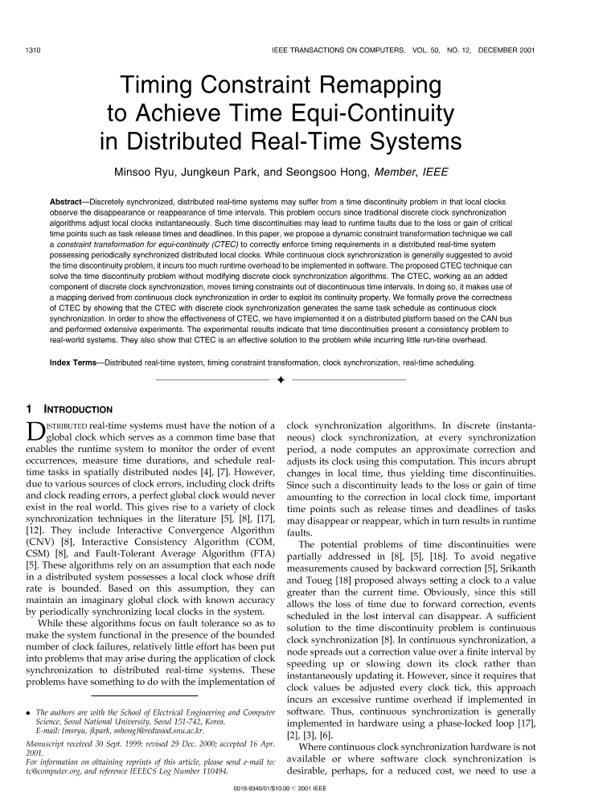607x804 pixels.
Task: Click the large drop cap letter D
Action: (37, 431)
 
